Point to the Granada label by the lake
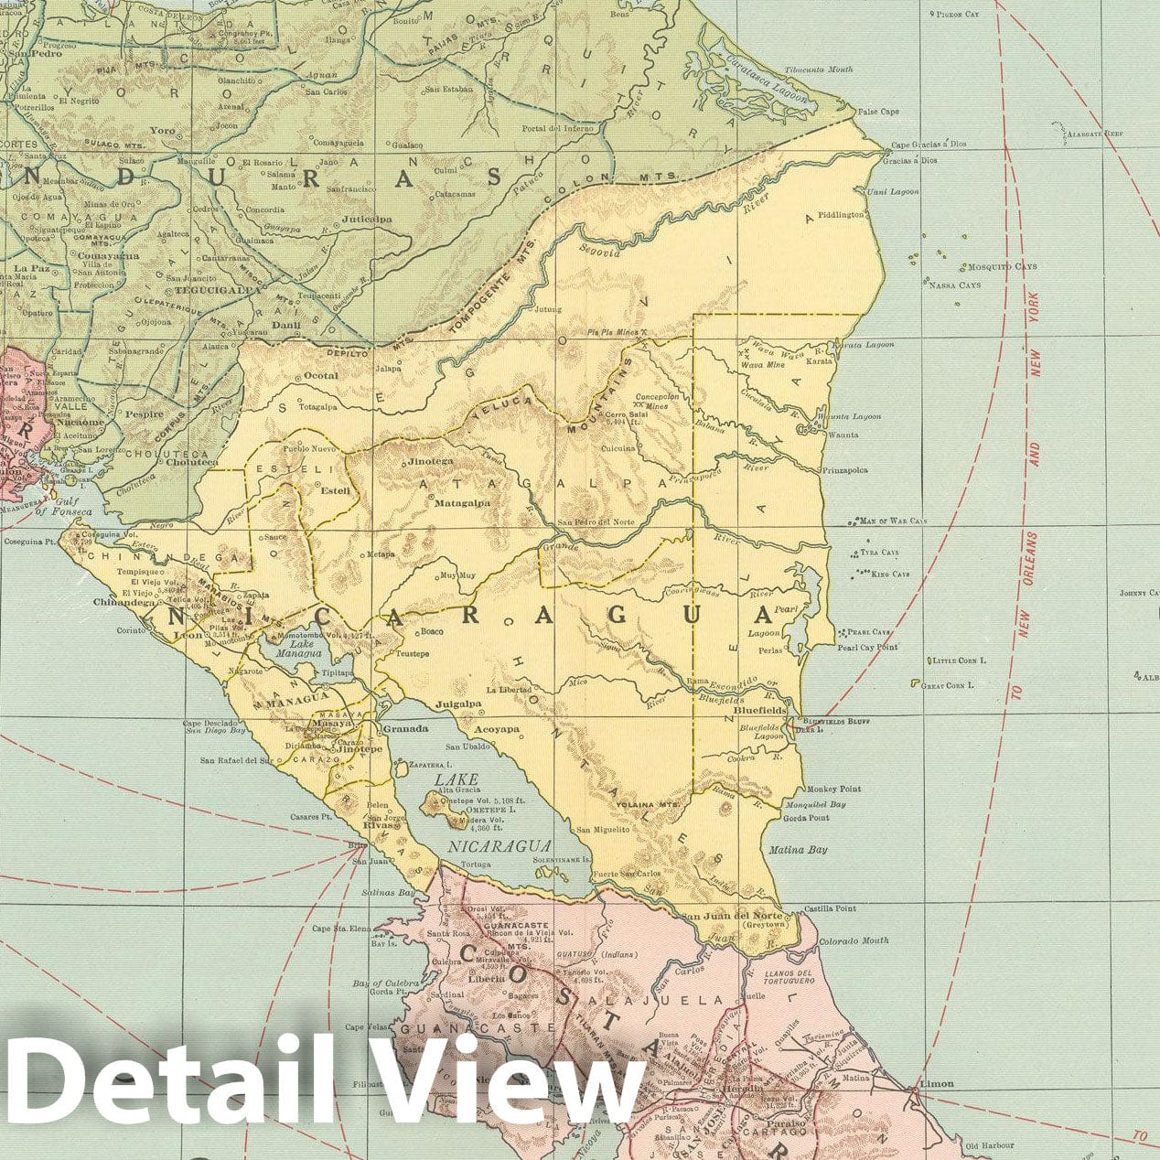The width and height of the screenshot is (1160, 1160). pyautogui.click(x=405, y=729)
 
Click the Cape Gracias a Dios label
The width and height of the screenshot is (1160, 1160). pyautogui.click(x=929, y=145)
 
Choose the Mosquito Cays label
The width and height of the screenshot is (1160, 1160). pyautogui.click(x=1004, y=267)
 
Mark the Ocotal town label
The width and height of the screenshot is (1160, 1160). pyautogui.click(x=320, y=375)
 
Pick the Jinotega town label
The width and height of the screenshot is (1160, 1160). pyautogui.click(x=430, y=462)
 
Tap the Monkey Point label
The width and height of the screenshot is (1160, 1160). pyautogui.click(x=833, y=789)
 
